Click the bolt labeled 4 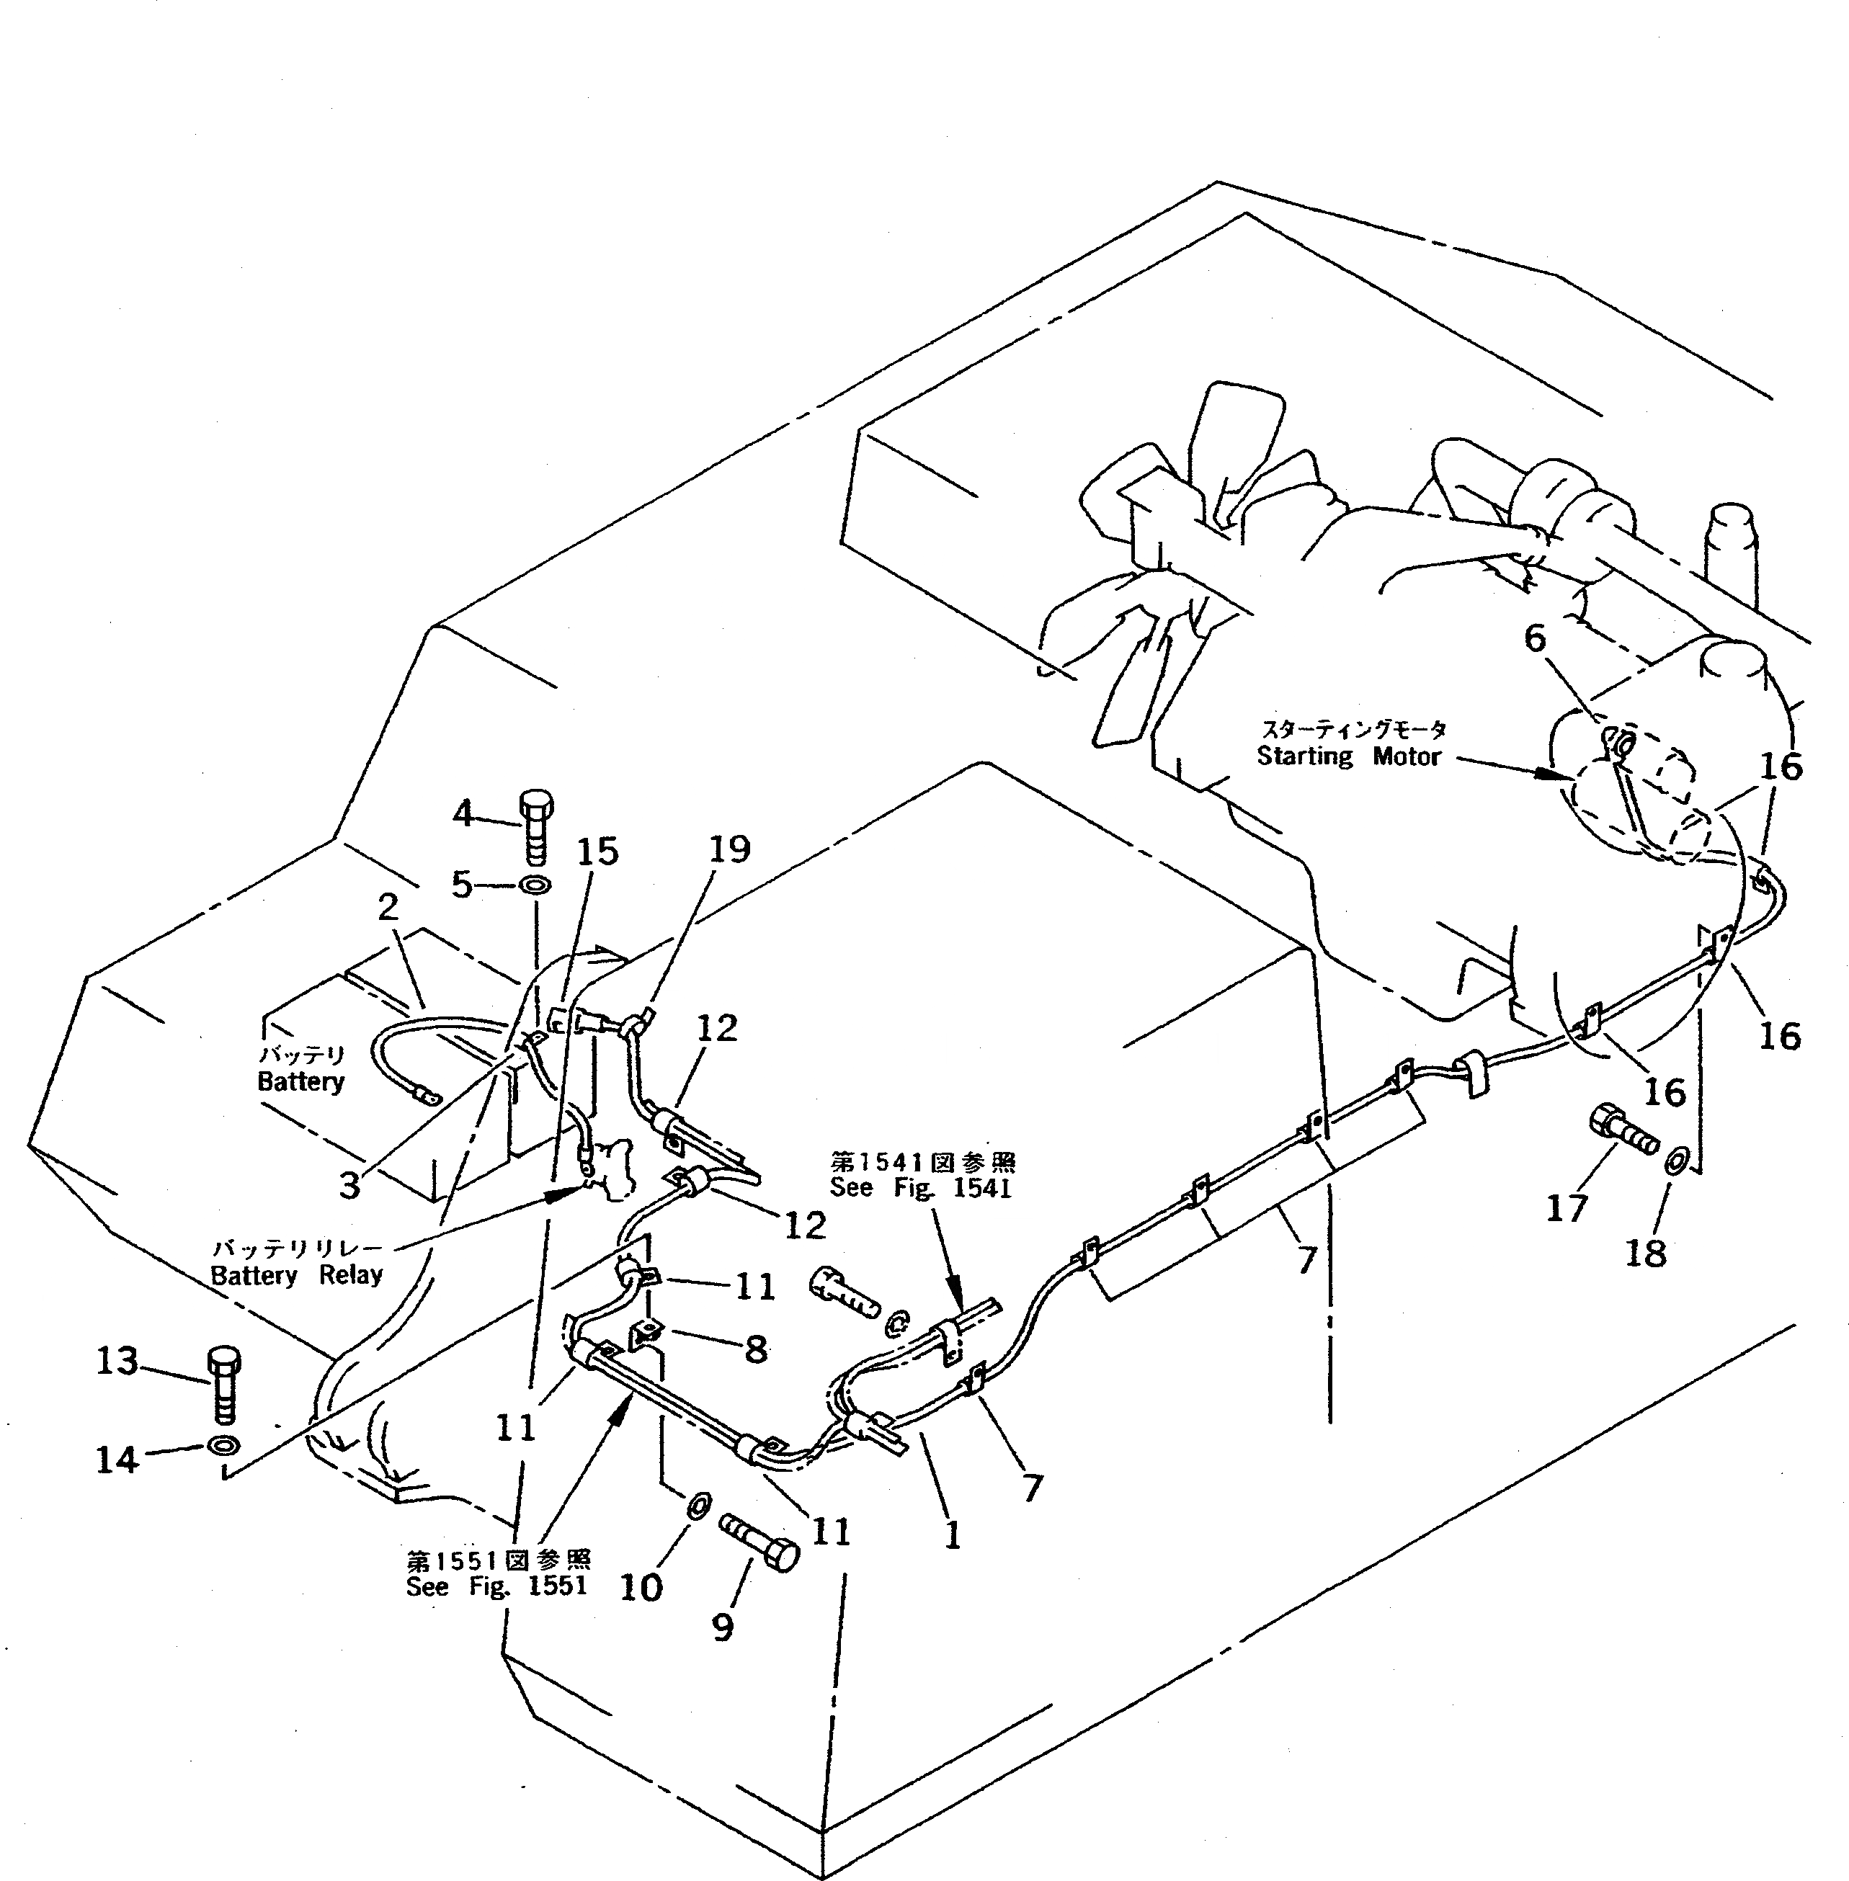click(x=535, y=827)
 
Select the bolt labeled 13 click(x=224, y=1384)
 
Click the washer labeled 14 click(x=223, y=1446)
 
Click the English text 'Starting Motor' click(x=1349, y=756)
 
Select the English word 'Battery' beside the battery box click(x=301, y=1082)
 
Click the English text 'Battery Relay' click(x=297, y=1275)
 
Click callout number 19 click(x=729, y=849)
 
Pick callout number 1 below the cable click(x=953, y=1535)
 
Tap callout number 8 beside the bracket click(x=756, y=1349)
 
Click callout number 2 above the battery click(x=388, y=907)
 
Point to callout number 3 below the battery click(x=349, y=1185)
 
